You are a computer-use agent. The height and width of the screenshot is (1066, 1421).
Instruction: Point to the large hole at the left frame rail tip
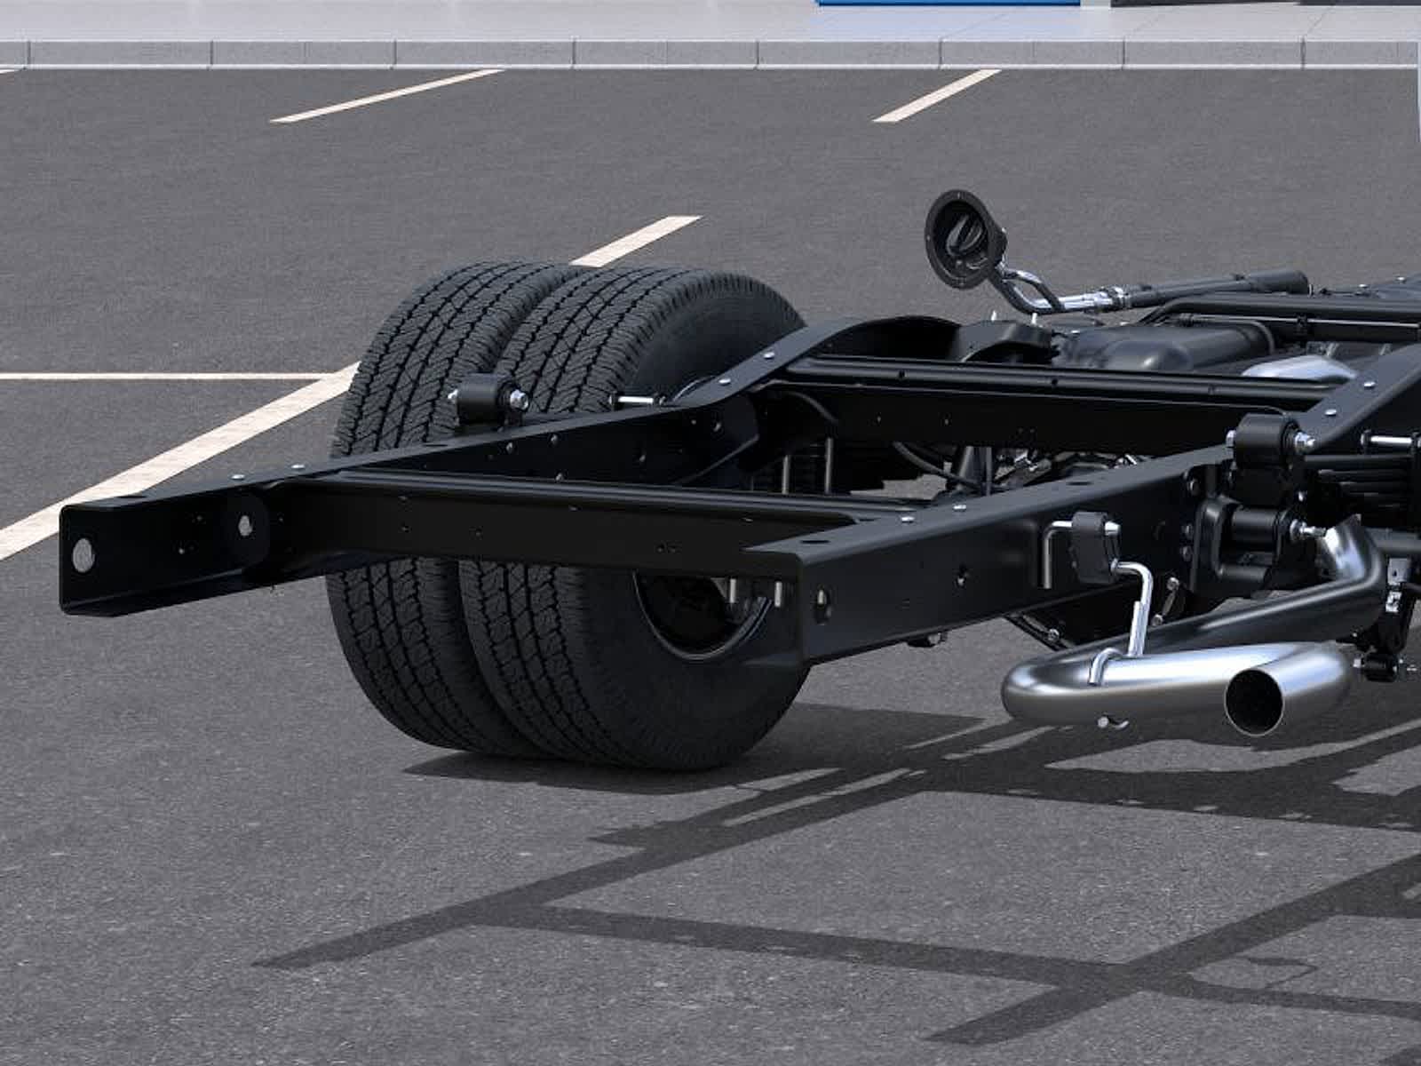click(x=83, y=554)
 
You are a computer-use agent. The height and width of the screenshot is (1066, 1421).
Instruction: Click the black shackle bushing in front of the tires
click(x=484, y=398)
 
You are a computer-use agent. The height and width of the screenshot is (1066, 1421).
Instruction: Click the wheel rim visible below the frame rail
click(x=702, y=613)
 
